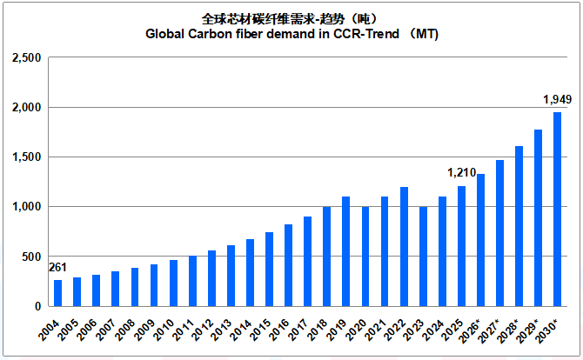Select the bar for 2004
pos(57,293)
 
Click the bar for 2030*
pos(558,210)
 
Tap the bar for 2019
pos(345,251)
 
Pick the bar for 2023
pos(423,257)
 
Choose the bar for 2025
pos(461,246)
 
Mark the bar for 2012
pos(211,278)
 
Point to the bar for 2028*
pos(519,226)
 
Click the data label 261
pos(57,268)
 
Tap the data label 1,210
pos(461,172)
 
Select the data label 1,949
pos(558,99)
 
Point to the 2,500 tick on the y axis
pos(27,57)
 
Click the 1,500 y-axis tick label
pos(27,157)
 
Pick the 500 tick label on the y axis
pos(31,257)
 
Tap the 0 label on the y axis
pos(38,306)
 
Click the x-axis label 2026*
pos(470,330)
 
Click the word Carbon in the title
pos(206,34)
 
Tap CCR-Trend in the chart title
pos(366,34)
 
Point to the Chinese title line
pos(290,18)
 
